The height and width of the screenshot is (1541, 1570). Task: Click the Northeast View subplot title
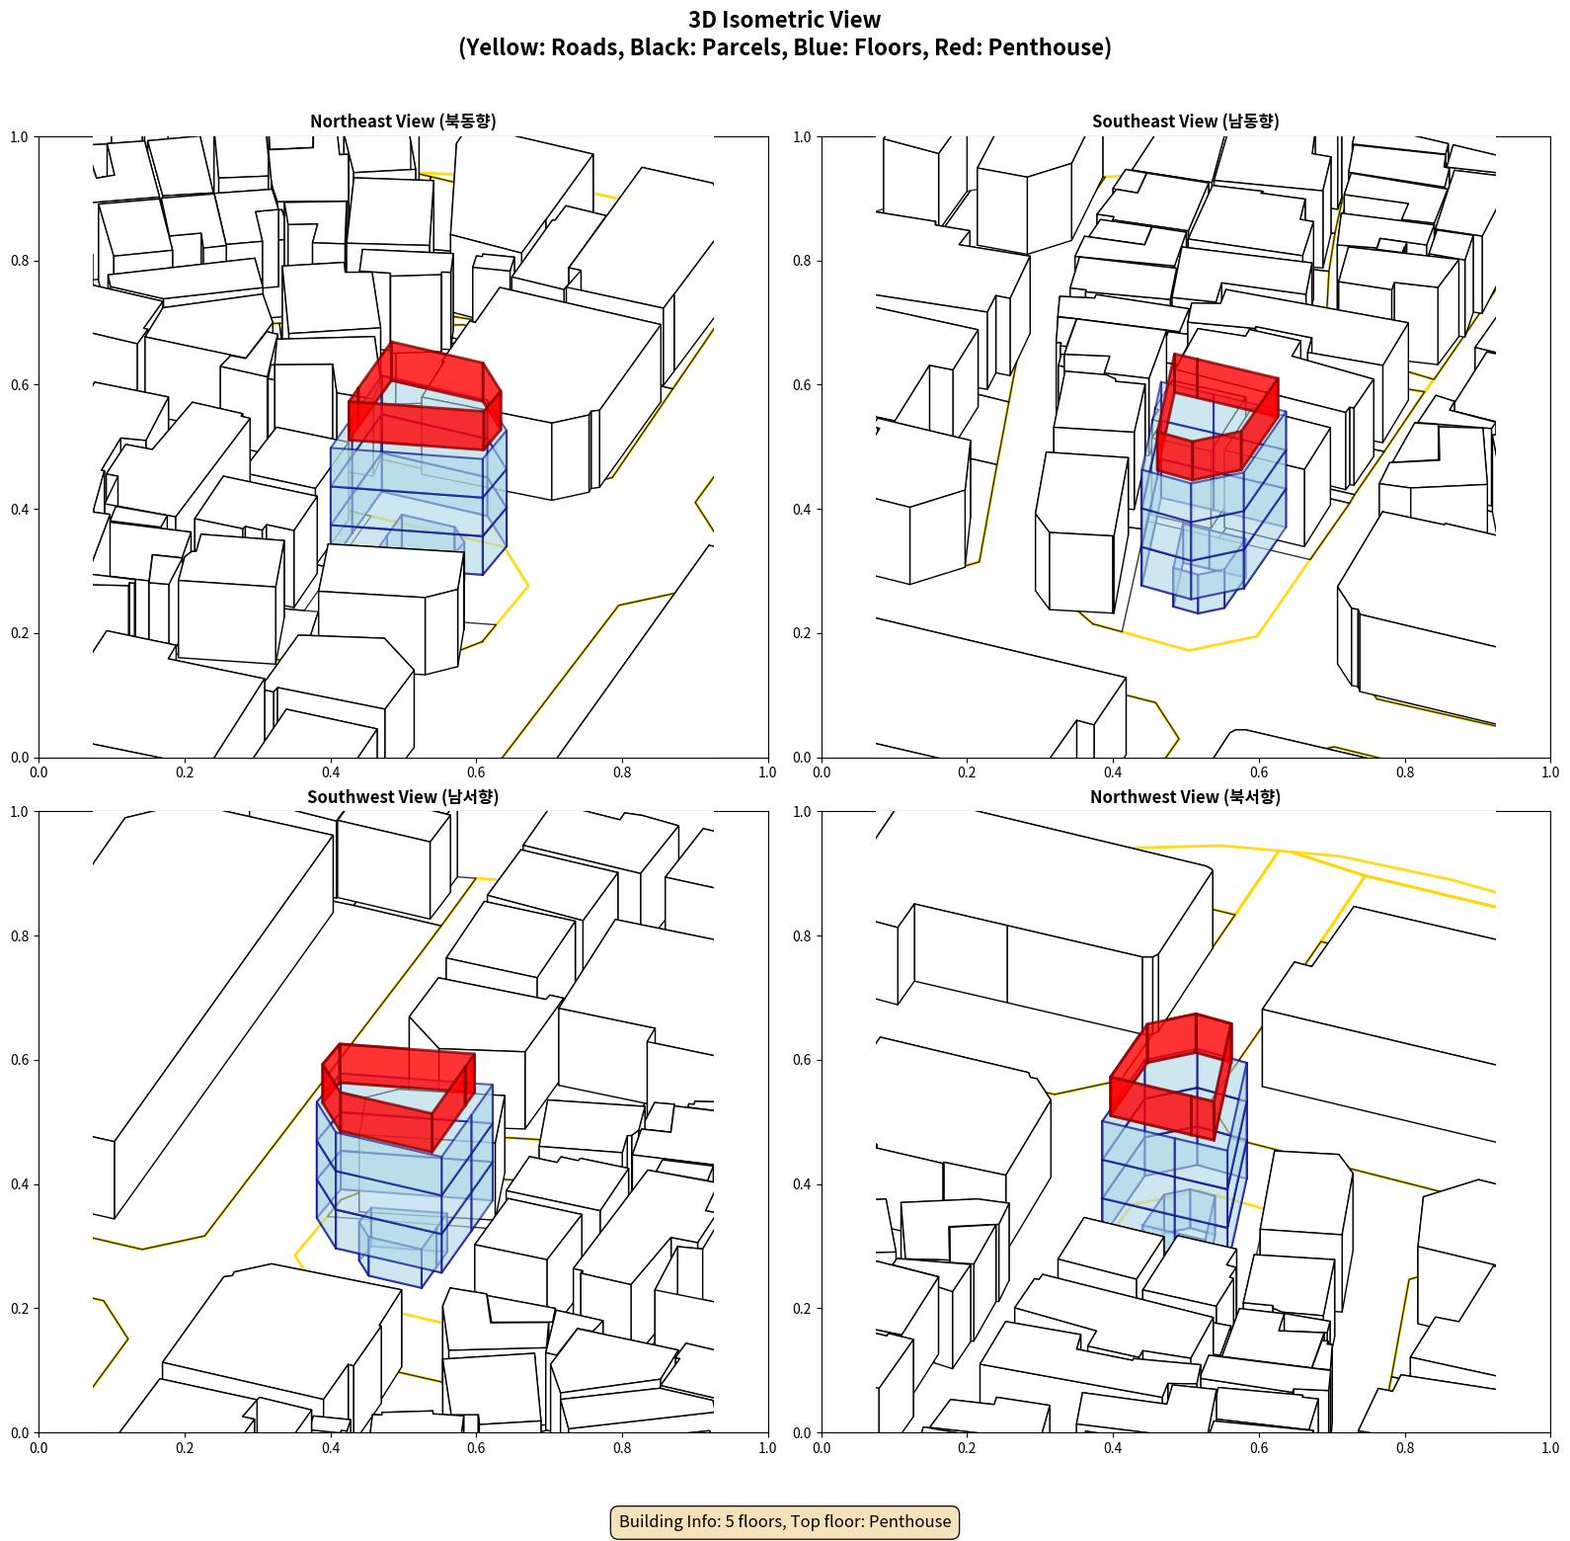[403, 122]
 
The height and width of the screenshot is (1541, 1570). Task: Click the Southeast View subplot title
[1185, 122]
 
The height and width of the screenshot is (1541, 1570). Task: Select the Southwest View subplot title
[403, 797]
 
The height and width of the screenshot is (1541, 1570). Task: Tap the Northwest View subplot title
[1185, 797]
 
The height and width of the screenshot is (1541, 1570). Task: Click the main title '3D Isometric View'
[785, 20]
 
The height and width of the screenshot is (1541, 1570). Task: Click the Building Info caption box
[785, 1521]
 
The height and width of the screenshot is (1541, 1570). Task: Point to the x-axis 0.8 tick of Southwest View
[622, 1448]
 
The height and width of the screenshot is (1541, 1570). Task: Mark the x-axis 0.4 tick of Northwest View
[1113, 1448]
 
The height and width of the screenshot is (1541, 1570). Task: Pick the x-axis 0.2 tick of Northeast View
[185, 772]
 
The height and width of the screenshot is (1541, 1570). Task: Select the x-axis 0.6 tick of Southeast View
[1259, 772]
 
